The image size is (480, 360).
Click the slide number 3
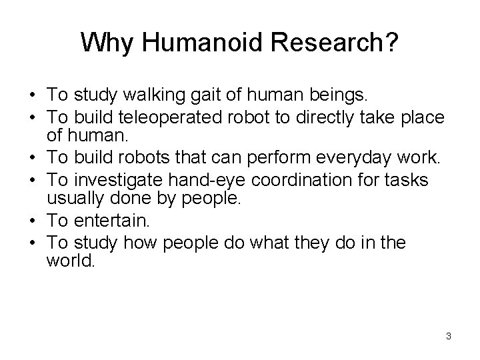pos(449,336)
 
